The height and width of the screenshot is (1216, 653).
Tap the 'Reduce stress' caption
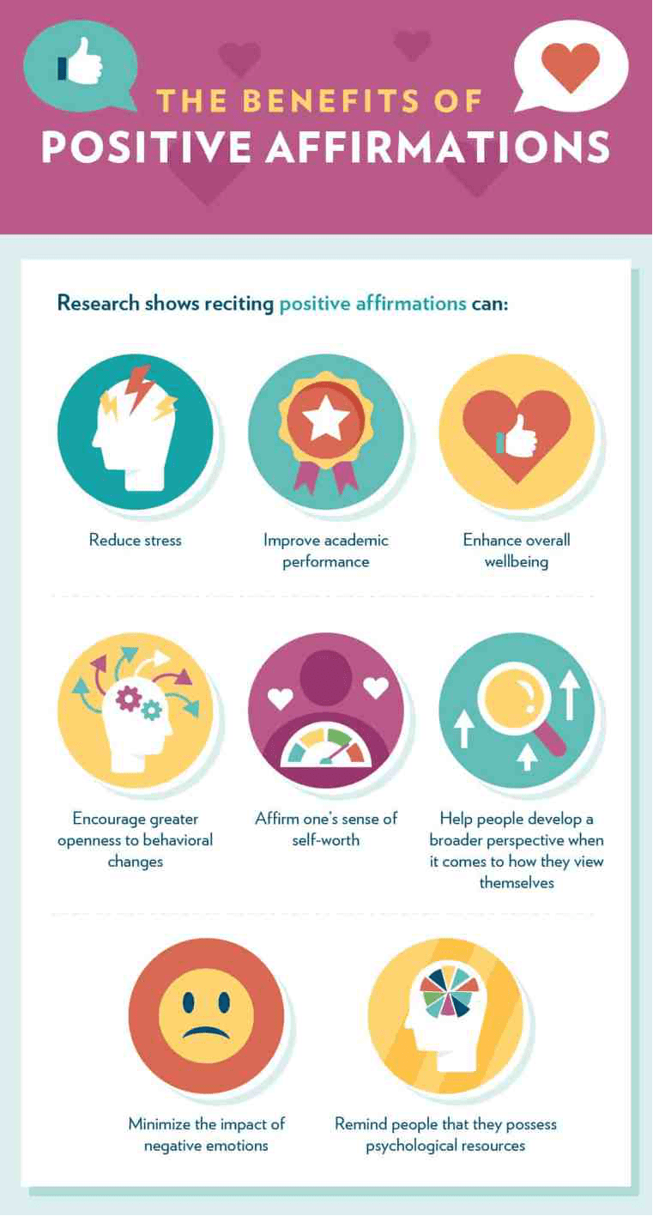point(136,541)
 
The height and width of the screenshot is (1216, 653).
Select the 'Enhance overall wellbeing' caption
point(517,551)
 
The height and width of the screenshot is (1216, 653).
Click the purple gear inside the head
point(130,699)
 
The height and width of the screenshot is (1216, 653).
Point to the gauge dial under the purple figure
point(326,747)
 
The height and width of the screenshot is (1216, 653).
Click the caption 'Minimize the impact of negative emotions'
point(206,1134)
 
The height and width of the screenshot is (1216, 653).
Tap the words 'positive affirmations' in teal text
point(372,304)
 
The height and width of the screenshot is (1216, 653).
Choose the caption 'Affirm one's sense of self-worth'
point(326,829)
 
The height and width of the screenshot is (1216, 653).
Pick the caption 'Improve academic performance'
point(326,551)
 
